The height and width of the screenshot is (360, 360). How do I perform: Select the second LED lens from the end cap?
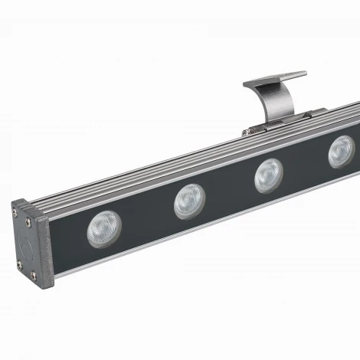pyautogui.click(x=188, y=201)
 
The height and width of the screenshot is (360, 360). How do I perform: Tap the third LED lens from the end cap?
pyautogui.click(x=268, y=175)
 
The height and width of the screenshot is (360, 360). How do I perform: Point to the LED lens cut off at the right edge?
pyautogui.click(x=342, y=152)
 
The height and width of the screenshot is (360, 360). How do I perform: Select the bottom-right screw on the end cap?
pyautogui.click(x=35, y=277)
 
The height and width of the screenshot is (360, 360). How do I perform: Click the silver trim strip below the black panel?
pyautogui.click(x=191, y=230)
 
